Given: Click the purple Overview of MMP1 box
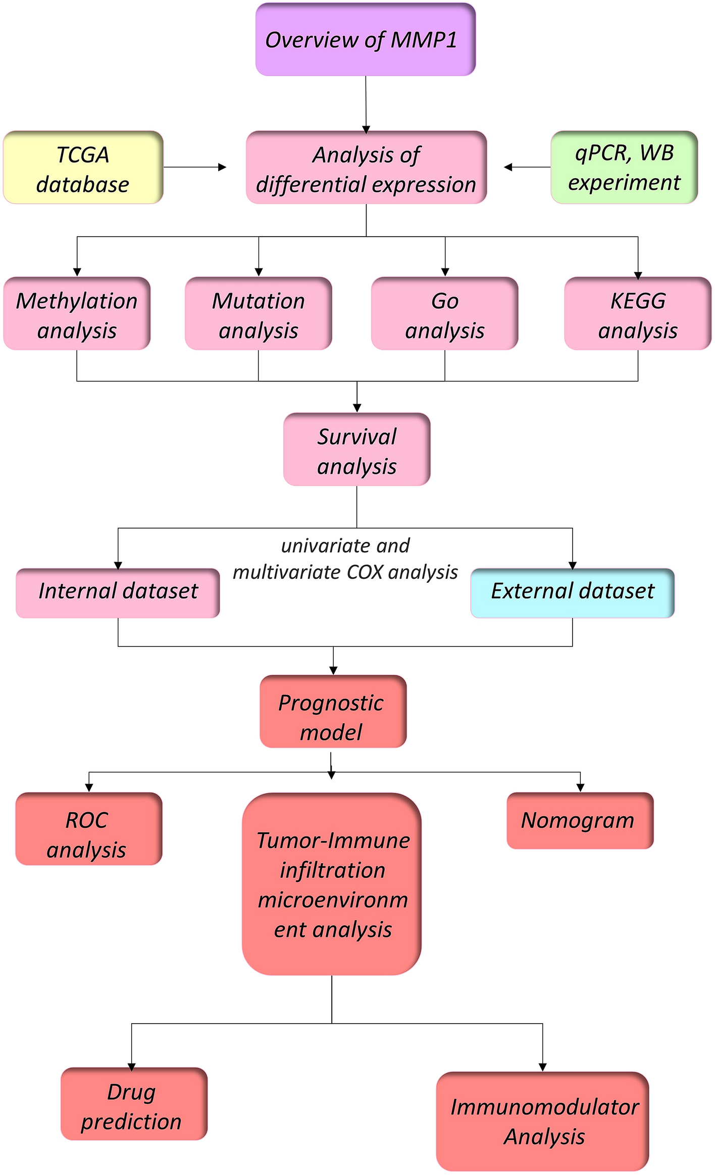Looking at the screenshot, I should pyautogui.click(x=365, y=40).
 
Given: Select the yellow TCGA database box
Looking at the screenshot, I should pyautogui.click(x=83, y=168).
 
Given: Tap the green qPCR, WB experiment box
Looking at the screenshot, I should pyautogui.click(x=624, y=167).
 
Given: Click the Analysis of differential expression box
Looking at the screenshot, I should pyautogui.click(x=366, y=168).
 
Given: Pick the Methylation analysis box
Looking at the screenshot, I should pyautogui.click(x=77, y=314).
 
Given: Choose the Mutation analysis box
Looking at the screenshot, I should pyautogui.click(x=258, y=314).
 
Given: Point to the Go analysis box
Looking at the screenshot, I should pyautogui.click(x=444, y=314).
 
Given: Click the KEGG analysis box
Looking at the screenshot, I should pyautogui.click(x=637, y=314).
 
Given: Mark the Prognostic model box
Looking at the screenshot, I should pyautogui.click(x=333, y=711).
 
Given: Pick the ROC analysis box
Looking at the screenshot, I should pyautogui.click(x=88, y=829).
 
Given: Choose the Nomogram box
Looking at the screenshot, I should pyautogui.click(x=580, y=821).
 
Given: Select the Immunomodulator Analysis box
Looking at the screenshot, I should pyautogui.click(x=542, y=1121).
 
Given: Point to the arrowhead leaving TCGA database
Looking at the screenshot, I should pyautogui.click(x=222, y=167).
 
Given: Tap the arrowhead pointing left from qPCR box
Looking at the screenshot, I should pyautogui.click(x=508, y=167).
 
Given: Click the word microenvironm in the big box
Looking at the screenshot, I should pyautogui.click(x=333, y=900).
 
